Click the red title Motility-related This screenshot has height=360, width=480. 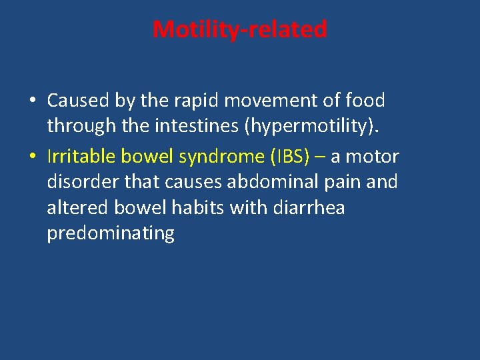[240, 29]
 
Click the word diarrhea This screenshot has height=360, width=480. [309, 207]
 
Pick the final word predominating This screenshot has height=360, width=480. [111, 233]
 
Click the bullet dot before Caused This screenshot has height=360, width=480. [33, 101]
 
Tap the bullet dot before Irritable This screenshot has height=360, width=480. [33, 157]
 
